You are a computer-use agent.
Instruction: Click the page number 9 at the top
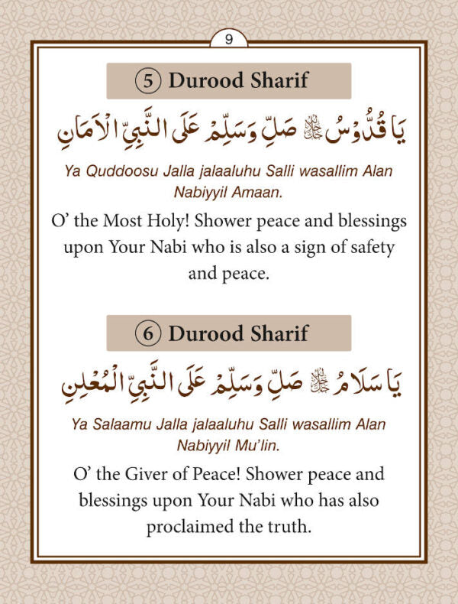(x=229, y=40)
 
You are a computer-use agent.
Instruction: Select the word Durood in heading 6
(x=202, y=333)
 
